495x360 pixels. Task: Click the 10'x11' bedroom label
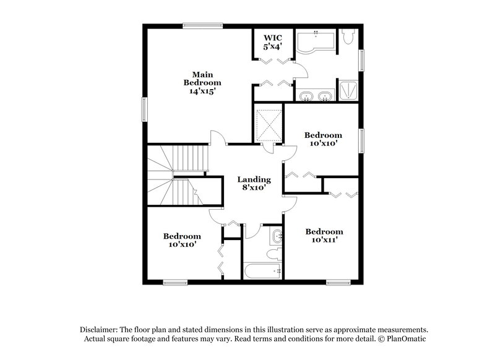[x=324, y=236]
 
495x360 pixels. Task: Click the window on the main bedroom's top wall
[x=202, y=25]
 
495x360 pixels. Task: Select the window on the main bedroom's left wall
[x=145, y=110]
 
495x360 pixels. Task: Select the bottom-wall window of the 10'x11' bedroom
[x=338, y=283]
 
